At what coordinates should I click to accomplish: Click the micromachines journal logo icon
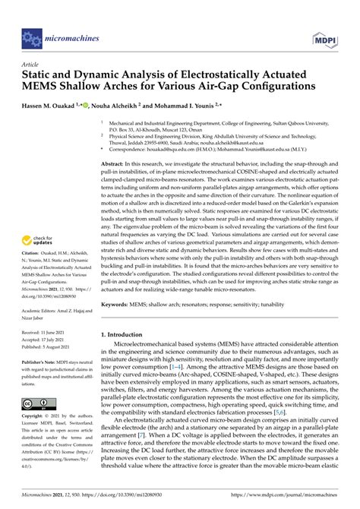pyautogui.click(x=32, y=35)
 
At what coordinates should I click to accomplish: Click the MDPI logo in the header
pyautogui.click(x=322, y=36)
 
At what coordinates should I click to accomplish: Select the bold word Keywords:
pyautogui.click(x=117, y=303)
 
